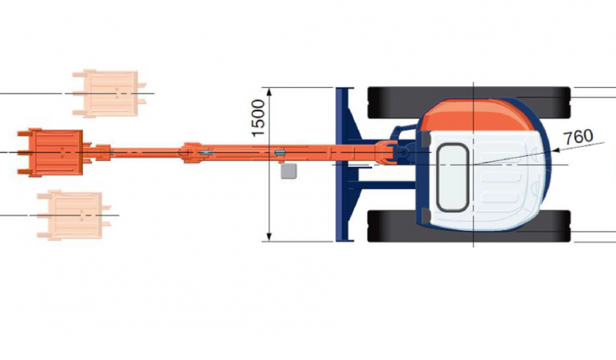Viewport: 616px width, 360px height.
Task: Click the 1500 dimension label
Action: pyautogui.click(x=258, y=118)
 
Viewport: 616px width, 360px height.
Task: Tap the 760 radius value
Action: pyautogui.click(x=578, y=137)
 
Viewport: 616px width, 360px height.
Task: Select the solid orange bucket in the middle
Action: pyautogui.click(x=50, y=152)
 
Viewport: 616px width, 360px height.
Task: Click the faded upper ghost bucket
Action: pyautogui.click(x=109, y=93)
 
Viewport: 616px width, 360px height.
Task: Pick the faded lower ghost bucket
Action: pyautogui.click(x=73, y=215)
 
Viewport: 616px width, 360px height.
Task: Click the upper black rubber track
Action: pyautogui.click(x=469, y=102)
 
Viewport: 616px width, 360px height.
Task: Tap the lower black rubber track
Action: pyautogui.click(x=469, y=226)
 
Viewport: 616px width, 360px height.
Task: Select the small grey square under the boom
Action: pyautogui.click(x=289, y=172)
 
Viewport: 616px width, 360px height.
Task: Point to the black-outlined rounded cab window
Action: pyautogui.click(x=452, y=178)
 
